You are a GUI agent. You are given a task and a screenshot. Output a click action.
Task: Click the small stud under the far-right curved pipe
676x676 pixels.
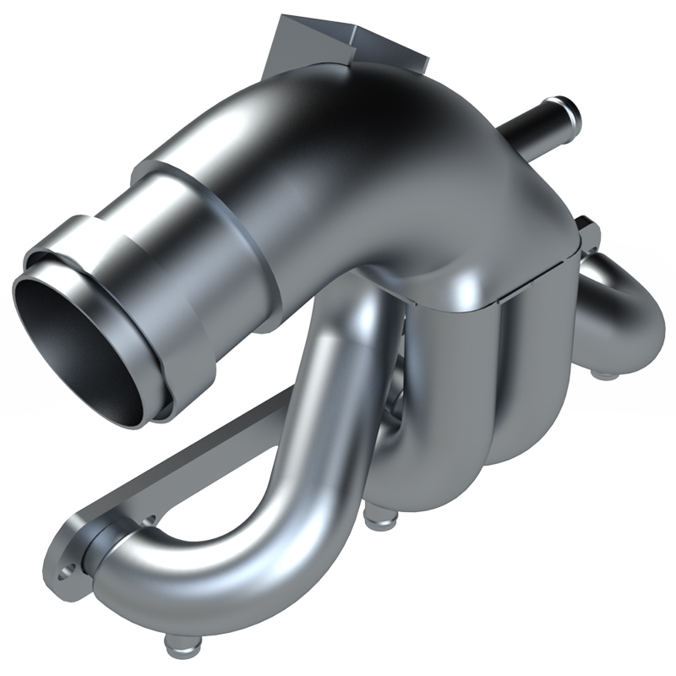click(x=601, y=372)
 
